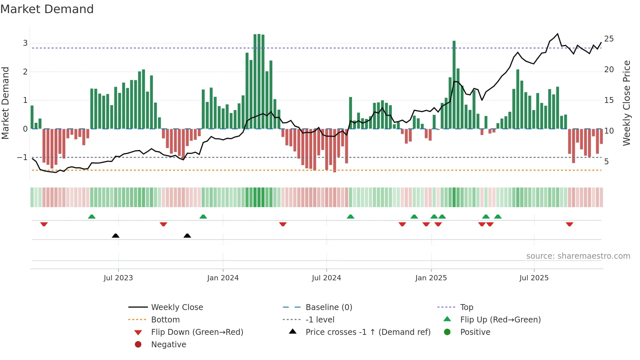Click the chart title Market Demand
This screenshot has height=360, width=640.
[x=47, y=9]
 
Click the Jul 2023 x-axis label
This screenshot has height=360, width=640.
[x=118, y=278]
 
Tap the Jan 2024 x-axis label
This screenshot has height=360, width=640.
[x=223, y=278]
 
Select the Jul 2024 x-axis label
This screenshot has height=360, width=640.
[x=326, y=278]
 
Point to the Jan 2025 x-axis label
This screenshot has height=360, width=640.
[x=431, y=278]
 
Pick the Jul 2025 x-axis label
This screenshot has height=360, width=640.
[x=534, y=278]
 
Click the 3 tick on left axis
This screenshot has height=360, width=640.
[x=25, y=43]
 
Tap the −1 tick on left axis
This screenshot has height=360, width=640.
[x=22, y=157]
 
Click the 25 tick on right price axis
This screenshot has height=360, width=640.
[x=609, y=39]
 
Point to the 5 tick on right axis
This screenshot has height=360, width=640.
[x=606, y=162]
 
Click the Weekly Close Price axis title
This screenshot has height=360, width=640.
[x=626, y=103]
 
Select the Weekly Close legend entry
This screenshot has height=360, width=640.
[x=177, y=307]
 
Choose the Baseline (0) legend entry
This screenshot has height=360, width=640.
[x=328, y=307]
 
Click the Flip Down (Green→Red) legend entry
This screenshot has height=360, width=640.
[x=197, y=332]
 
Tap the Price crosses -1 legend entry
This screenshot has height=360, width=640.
[x=368, y=332]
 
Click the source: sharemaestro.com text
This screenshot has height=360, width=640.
[x=578, y=256]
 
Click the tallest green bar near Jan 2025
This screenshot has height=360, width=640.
[x=454, y=85]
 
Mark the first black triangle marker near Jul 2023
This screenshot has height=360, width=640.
[x=116, y=236]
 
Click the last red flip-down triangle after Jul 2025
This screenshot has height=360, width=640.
[x=569, y=224]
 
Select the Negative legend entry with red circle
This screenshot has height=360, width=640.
[x=168, y=345]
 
